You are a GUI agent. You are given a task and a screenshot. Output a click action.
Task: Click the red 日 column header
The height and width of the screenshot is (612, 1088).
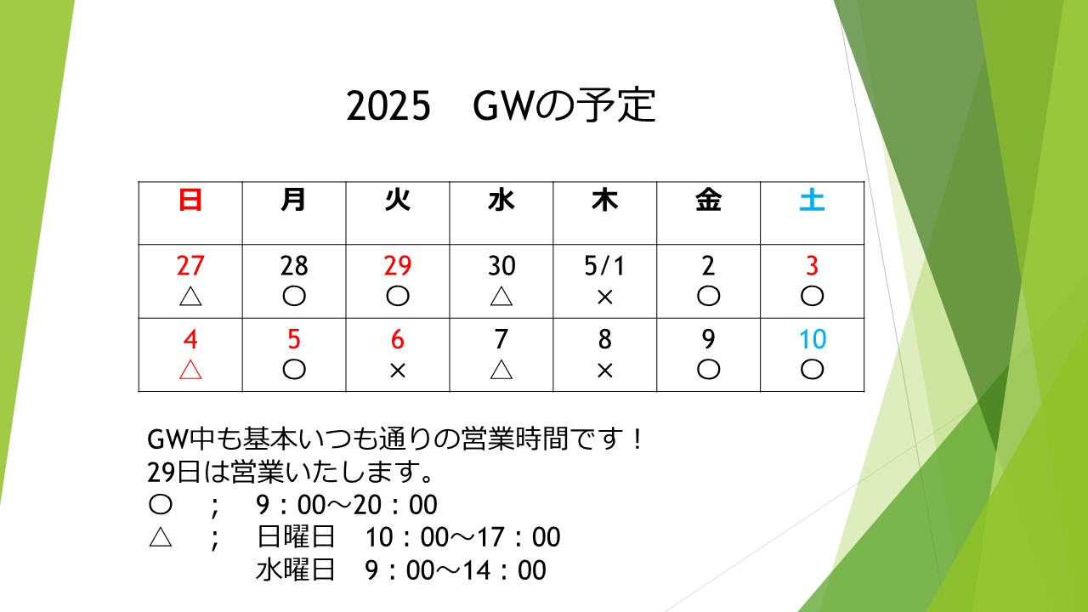190,200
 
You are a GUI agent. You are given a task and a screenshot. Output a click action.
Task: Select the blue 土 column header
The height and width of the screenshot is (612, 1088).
812,200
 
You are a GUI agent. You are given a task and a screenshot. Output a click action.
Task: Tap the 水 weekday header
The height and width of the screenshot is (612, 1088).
501,200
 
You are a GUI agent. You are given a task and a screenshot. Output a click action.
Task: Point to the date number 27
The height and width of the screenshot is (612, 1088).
190,266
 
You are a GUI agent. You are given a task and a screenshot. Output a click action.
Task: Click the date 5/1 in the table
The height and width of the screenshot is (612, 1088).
604,266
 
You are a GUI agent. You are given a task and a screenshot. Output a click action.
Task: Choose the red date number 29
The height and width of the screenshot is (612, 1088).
397,266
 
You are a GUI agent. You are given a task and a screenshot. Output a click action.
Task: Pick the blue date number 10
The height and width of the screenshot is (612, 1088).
812,339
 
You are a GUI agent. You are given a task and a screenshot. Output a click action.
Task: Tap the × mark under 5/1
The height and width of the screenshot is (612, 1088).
604,297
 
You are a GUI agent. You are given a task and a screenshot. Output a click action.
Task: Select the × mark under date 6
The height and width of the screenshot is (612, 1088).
397,371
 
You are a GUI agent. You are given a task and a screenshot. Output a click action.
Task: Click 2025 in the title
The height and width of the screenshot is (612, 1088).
388,106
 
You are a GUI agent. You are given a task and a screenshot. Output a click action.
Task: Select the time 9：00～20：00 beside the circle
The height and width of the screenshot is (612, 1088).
347,505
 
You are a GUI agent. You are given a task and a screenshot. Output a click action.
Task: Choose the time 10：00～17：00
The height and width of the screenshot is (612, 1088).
463,537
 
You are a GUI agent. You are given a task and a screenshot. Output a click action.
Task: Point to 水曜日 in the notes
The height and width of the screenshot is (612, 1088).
295,569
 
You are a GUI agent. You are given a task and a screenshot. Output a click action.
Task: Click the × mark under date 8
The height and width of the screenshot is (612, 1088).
604,371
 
